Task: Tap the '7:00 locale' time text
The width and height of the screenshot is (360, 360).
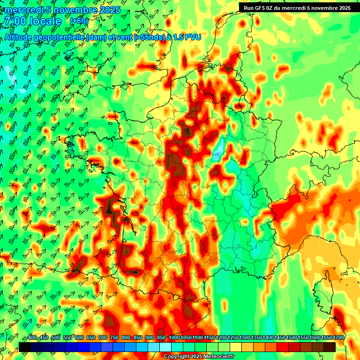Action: click(x=32, y=22)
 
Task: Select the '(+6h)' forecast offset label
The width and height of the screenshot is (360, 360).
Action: click(x=78, y=21)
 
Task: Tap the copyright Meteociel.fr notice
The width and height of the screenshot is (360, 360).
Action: click(x=198, y=356)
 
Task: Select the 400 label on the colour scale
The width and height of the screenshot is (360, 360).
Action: click(x=32, y=338)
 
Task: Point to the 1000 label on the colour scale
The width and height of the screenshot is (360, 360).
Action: click(x=174, y=338)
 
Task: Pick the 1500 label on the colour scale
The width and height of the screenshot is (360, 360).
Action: click(x=292, y=338)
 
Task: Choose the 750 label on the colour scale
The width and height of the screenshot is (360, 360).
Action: click(x=114, y=338)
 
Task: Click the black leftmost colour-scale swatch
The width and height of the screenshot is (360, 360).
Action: click(x=25, y=347)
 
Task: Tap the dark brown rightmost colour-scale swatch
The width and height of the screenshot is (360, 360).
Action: click(x=330, y=347)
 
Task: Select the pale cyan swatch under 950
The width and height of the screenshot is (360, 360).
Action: click(x=165, y=347)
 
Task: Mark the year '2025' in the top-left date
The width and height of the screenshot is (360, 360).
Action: click(x=110, y=10)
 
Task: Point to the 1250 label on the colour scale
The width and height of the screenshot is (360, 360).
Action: click(x=233, y=338)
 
